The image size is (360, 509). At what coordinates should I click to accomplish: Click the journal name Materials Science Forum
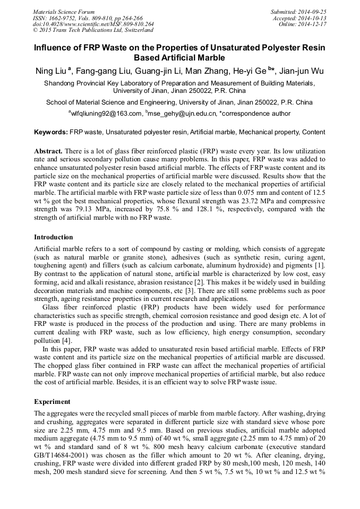click(x=63, y=12)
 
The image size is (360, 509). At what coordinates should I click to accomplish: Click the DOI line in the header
click(x=93, y=24)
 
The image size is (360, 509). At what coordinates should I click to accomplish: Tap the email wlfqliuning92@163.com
click(x=107, y=113)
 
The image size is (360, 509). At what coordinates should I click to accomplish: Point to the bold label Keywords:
click(x=51, y=132)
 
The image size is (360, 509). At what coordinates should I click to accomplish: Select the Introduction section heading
click(x=54, y=237)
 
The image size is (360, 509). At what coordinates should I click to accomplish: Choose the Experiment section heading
click(x=53, y=401)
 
